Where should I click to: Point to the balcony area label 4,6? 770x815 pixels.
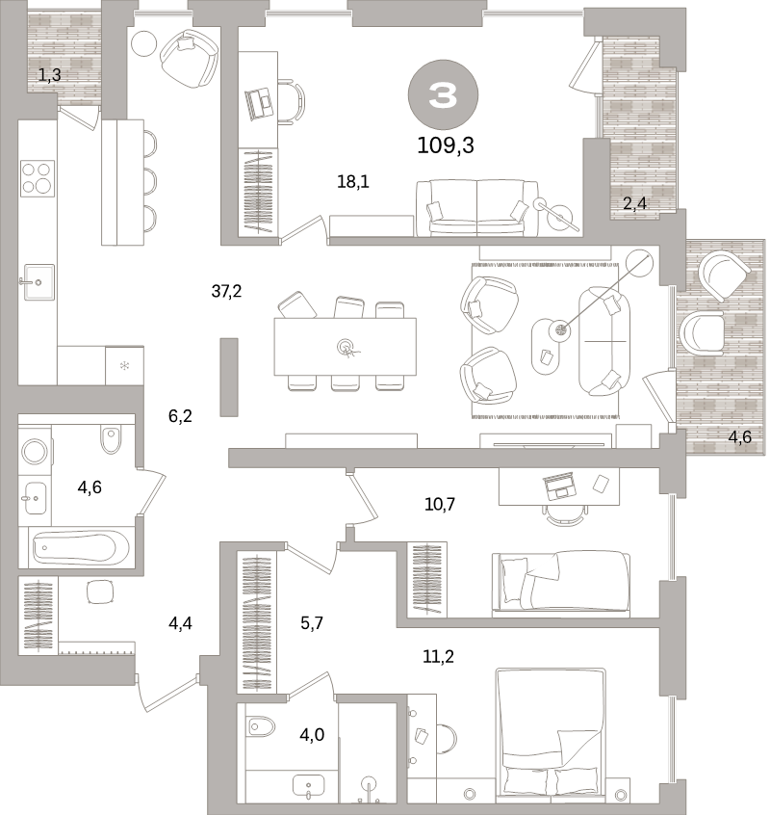tap(739, 438)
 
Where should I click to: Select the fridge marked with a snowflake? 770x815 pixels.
tap(123, 366)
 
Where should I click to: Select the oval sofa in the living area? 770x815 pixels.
tap(603, 341)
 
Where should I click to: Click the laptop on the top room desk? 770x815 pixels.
tap(259, 102)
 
